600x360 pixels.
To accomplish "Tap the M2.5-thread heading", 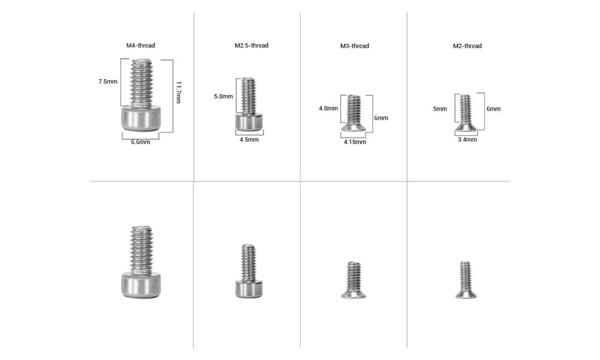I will [251, 46].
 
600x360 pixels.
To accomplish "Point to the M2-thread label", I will [467, 46].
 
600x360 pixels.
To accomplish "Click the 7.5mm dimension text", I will [109, 81].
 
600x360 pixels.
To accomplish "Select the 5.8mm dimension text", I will [223, 97].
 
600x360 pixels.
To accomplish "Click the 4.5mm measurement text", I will [248, 140].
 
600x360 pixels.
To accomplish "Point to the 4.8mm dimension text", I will [328, 109].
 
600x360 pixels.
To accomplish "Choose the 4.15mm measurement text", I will [355, 142].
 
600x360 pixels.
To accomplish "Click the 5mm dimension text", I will [440, 109].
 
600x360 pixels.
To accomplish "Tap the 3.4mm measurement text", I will [467, 140].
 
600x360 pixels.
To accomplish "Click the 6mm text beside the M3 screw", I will [381, 118].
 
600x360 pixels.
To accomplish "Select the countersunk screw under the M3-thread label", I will [355, 113].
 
